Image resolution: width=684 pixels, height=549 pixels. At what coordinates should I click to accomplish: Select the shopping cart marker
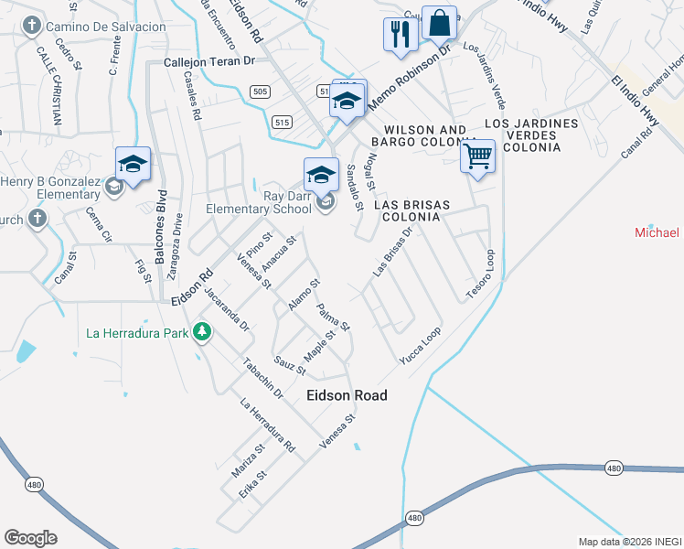click(x=477, y=156)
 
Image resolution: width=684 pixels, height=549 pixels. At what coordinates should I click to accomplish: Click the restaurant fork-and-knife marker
click(x=401, y=34)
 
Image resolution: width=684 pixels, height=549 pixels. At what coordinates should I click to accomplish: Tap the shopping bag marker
click(x=440, y=24)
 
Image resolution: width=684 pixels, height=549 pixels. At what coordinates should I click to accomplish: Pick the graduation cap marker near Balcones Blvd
click(x=133, y=165)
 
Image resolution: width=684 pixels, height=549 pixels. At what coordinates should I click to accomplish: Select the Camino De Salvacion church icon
click(x=33, y=27)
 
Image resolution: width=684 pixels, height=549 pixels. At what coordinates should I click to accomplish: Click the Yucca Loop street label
click(x=420, y=347)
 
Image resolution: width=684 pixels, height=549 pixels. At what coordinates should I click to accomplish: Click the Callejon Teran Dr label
click(x=208, y=62)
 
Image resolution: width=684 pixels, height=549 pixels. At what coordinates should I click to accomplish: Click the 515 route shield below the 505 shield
click(x=282, y=122)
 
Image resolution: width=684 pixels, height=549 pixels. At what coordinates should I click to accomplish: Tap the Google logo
click(x=30, y=537)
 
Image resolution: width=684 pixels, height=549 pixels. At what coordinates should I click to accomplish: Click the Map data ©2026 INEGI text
click(x=629, y=542)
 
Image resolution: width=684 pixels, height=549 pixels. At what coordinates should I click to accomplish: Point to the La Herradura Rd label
click(x=267, y=425)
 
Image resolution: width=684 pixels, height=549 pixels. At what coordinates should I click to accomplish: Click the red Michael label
click(x=657, y=232)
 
